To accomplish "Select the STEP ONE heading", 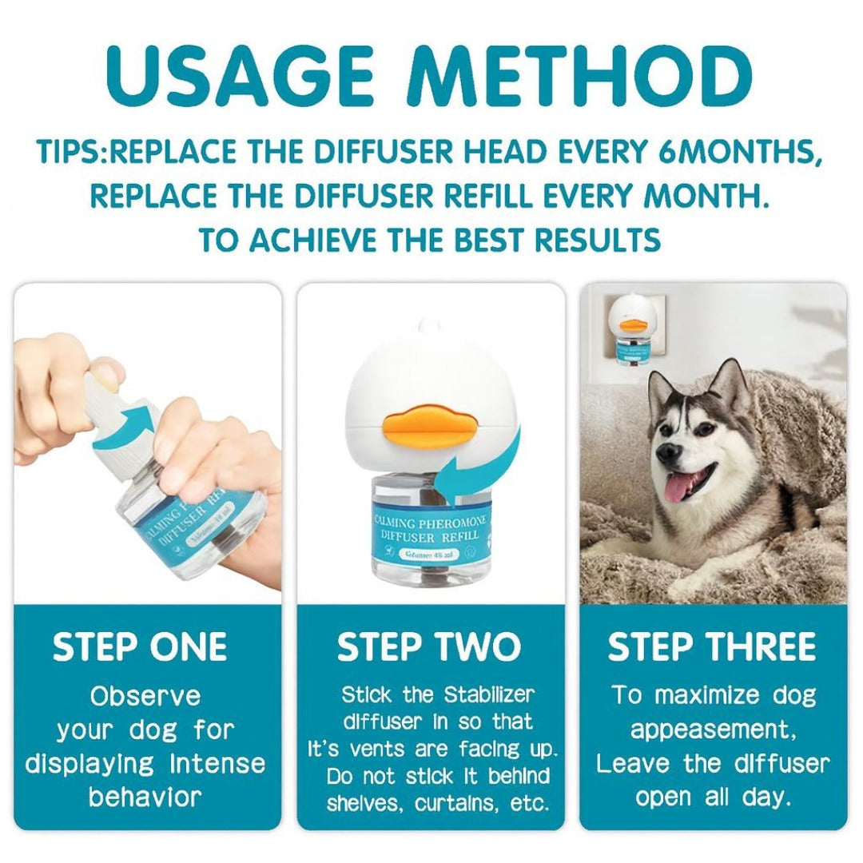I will (x=140, y=647).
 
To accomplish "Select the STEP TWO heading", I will (x=429, y=647).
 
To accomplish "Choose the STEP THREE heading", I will (x=712, y=647).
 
